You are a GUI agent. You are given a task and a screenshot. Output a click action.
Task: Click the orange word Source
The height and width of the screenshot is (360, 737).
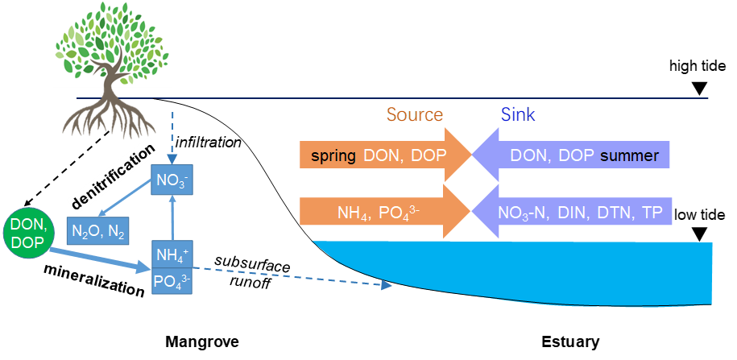coord(415,114)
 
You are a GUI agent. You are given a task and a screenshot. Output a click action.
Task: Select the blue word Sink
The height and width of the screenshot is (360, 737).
coord(517,114)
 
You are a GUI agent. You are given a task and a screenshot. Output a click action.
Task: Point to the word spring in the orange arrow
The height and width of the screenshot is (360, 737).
coord(333,155)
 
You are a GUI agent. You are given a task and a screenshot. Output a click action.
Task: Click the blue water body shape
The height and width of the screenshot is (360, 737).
coord(564,270)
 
